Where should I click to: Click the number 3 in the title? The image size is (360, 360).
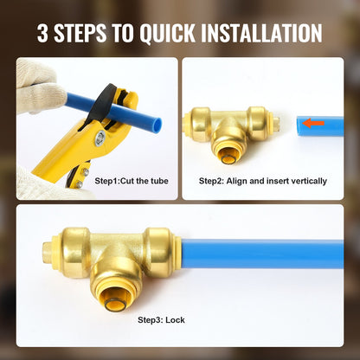point(43,34)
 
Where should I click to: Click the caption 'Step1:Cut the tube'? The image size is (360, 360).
point(132,181)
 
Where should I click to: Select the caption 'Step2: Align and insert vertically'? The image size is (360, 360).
point(263,181)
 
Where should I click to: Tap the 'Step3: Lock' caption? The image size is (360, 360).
point(160,319)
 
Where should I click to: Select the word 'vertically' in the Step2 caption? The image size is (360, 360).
point(307,181)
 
